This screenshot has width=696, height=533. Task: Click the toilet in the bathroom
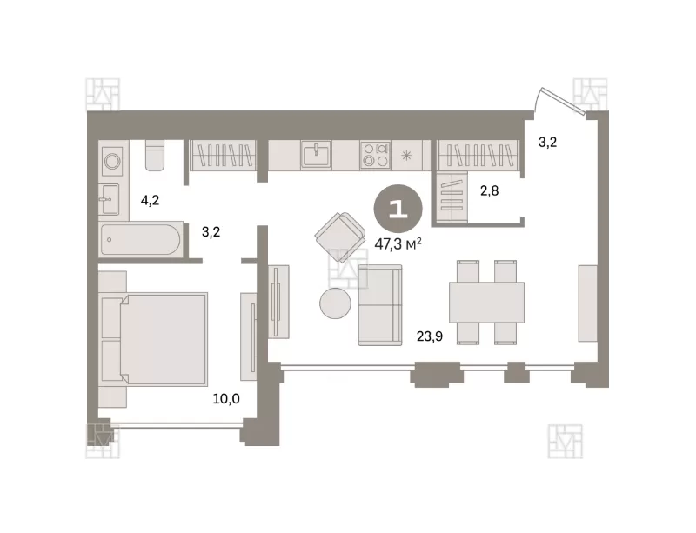click(x=155, y=156)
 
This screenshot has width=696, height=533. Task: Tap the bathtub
click(x=141, y=240)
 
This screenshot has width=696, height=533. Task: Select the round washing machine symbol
click(x=112, y=160)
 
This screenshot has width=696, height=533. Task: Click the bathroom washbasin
click(x=109, y=199)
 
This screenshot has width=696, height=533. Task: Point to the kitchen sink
click(x=316, y=154)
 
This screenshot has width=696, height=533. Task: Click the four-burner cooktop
click(x=375, y=155)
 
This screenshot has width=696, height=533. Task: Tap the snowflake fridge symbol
click(x=406, y=156)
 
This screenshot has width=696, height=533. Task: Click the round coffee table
click(x=335, y=303)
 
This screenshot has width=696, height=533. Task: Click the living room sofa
click(x=380, y=305)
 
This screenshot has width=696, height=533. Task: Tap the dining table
click(x=486, y=303)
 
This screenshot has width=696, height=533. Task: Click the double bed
click(x=155, y=339)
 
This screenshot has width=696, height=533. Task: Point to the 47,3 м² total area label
click(x=398, y=243)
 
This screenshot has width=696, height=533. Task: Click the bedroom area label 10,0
click(x=226, y=399)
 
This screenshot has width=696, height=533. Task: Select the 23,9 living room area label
click(x=430, y=336)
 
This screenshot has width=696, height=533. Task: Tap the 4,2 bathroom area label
click(x=150, y=201)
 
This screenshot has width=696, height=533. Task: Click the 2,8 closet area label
click(x=489, y=190)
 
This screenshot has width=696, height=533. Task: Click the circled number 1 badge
click(x=398, y=209)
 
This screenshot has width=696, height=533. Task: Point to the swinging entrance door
click(x=560, y=101)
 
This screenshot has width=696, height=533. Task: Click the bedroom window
click(x=176, y=425)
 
